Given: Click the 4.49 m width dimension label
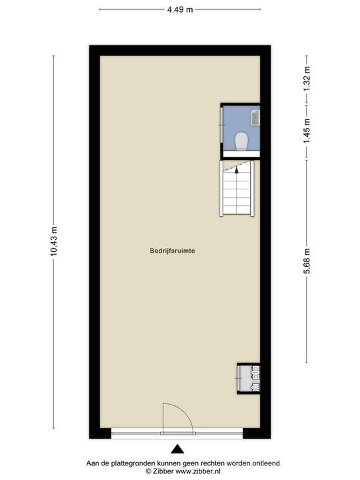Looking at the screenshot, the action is point(180,9).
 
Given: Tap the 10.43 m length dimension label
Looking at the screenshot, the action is point(54,241).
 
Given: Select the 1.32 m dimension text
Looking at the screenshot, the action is point(307,78).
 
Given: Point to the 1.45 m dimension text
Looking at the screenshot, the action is point(307,131).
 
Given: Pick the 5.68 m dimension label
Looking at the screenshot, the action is point(307,262).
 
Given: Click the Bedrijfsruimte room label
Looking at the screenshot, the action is point(173,251).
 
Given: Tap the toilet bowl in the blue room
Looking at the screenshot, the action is point(241,141).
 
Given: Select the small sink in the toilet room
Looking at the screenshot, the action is point(255,118).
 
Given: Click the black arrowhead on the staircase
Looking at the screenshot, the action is point(236,170).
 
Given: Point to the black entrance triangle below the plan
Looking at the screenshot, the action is point(177,449).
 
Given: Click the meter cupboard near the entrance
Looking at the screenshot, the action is point(249,379).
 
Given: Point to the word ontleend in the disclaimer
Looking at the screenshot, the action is point(266,463).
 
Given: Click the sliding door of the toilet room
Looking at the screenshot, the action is point(222,125).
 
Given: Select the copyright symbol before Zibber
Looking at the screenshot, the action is point(149,471).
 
